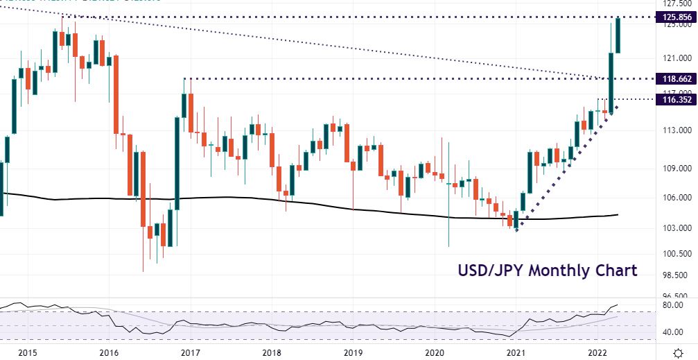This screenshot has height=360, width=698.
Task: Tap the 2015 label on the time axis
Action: click(x=28, y=352)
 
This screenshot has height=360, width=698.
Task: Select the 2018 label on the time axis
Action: click(x=272, y=352)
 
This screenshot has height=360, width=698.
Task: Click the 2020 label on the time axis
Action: click(x=435, y=352)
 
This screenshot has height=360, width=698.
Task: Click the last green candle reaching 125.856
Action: click(x=618, y=35)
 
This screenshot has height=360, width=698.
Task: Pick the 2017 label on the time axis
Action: click(x=190, y=352)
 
